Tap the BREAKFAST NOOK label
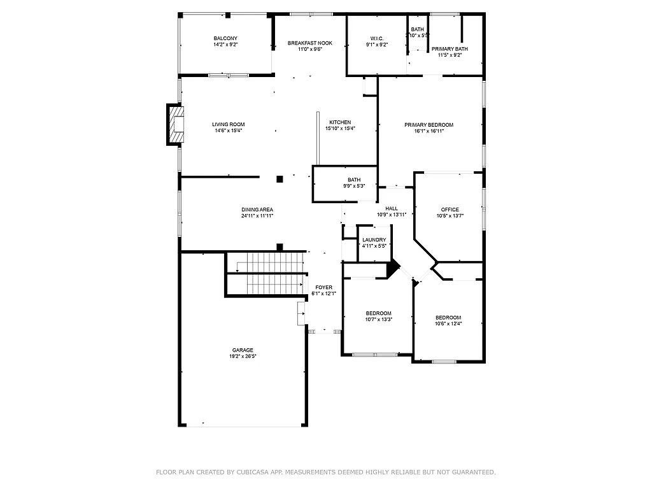[309, 43]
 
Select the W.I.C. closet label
[377, 38]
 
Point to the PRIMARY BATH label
[450, 49]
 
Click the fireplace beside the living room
[176, 124]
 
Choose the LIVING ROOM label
[228, 124]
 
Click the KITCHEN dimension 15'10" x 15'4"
[340, 129]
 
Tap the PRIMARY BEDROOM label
[429, 125]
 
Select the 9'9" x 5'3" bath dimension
[354, 186]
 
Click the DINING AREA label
[257, 209]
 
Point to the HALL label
[391, 208]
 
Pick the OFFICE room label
[450, 209]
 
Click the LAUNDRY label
[374, 240]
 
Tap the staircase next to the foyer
[264, 273]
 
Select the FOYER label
[323, 287]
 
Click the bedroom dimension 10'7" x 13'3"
[378, 320]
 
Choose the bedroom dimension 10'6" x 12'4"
[448, 323]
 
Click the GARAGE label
[242, 350]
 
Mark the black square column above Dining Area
[280, 180]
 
